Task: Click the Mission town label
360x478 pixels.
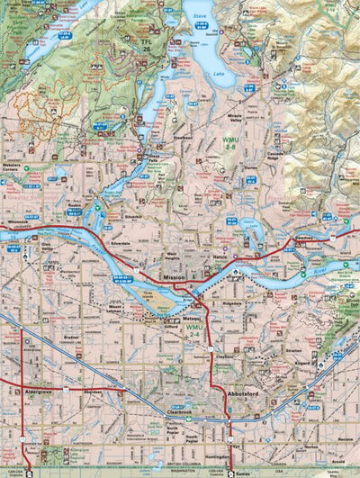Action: coord(174,279)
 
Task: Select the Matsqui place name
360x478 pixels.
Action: coord(193,320)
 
